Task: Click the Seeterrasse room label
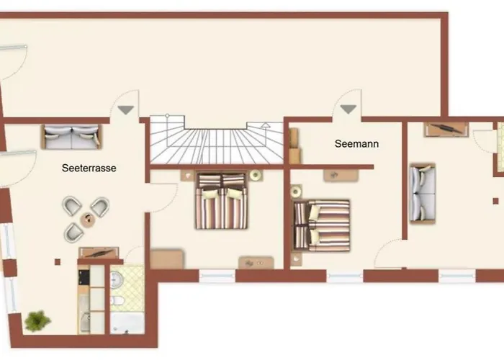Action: click(89, 168)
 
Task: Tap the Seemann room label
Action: click(356, 144)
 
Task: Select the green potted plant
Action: click(37, 320)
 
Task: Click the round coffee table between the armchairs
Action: click(88, 220)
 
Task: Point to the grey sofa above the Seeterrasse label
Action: click(71, 137)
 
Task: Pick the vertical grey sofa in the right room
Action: click(423, 193)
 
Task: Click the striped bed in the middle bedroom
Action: click(221, 201)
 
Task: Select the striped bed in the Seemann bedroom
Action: click(321, 225)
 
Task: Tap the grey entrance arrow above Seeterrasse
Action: click(126, 110)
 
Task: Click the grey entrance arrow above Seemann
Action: click(348, 109)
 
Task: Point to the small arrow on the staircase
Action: click(266, 125)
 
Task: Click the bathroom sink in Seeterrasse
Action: click(117, 279)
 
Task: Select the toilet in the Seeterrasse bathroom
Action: click(117, 300)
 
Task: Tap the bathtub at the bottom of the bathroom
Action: click(127, 323)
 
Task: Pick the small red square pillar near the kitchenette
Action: click(58, 262)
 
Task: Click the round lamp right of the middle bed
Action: click(256, 175)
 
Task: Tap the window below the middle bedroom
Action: click(217, 276)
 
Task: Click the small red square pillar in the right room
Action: click(495, 201)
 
